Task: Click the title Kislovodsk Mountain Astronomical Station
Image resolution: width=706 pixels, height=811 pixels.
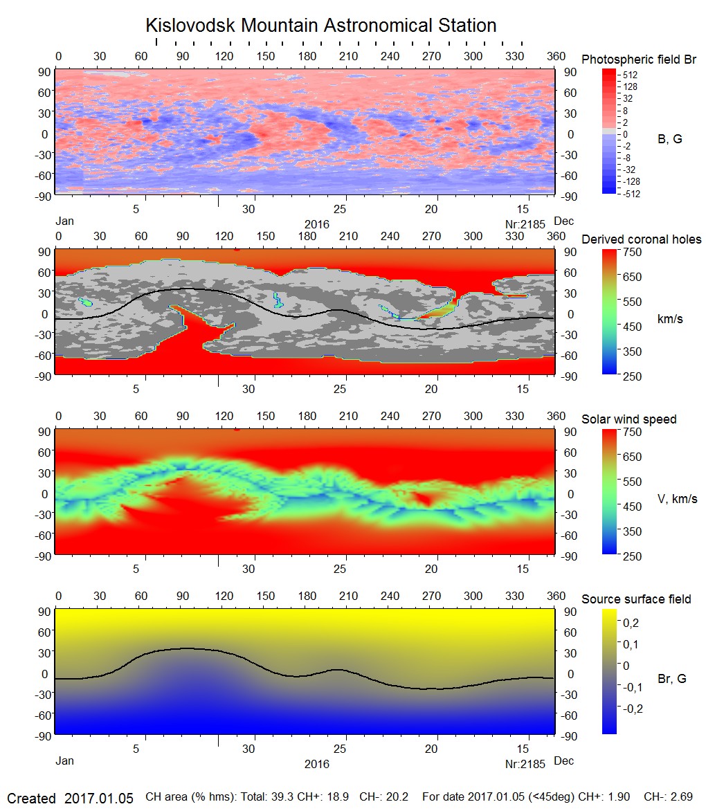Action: [320, 26]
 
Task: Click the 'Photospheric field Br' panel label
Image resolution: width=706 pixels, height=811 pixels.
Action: [638, 60]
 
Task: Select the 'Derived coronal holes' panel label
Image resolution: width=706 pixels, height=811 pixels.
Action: [641, 239]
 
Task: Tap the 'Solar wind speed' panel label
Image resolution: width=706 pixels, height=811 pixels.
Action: [628, 419]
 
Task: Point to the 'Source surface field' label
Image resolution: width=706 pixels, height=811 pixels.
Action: [635, 599]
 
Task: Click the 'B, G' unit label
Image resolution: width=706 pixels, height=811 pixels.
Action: [669, 139]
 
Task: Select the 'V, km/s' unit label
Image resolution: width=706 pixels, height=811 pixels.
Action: [677, 499]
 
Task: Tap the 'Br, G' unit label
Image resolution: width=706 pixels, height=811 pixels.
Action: [671, 679]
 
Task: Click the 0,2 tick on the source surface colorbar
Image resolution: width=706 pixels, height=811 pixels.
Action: [631, 623]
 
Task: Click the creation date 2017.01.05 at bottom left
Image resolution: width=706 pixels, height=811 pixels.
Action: [98, 798]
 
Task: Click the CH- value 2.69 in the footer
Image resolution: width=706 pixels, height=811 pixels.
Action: [681, 797]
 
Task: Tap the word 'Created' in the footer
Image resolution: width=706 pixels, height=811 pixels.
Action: [31, 798]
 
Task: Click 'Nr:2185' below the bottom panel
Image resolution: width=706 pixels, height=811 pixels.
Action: [525, 764]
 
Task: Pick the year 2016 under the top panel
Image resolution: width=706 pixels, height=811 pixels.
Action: [317, 224]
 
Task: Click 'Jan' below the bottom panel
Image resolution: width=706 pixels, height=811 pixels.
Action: [64, 761]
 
